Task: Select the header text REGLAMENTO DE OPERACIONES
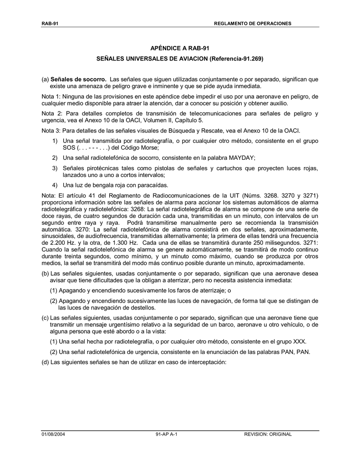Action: click(x=253, y=23)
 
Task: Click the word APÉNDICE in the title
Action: click(x=166, y=48)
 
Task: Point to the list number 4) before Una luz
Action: click(x=55, y=185)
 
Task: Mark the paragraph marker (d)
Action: click(x=45, y=362)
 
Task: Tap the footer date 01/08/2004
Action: click(x=53, y=434)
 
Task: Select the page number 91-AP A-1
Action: click(x=166, y=434)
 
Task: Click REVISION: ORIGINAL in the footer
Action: click(x=268, y=434)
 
